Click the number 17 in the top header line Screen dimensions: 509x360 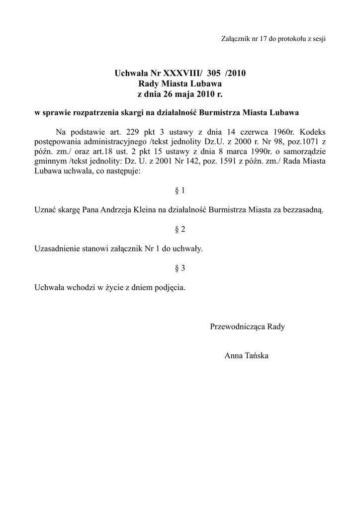(264, 39)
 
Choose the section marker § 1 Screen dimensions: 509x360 (180, 190)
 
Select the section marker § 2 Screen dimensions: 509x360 (180, 229)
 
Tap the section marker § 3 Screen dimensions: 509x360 (180, 268)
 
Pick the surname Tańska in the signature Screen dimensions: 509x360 (256, 356)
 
